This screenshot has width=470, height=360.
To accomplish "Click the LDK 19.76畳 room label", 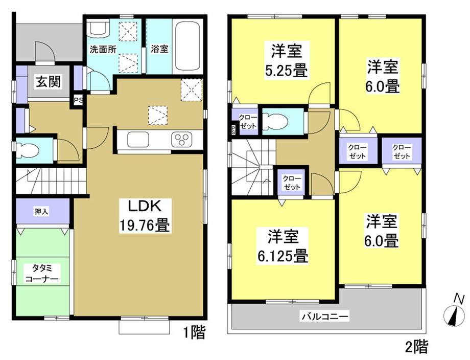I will click(145, 216).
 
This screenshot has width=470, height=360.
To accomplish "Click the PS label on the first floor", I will click(78, 100).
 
